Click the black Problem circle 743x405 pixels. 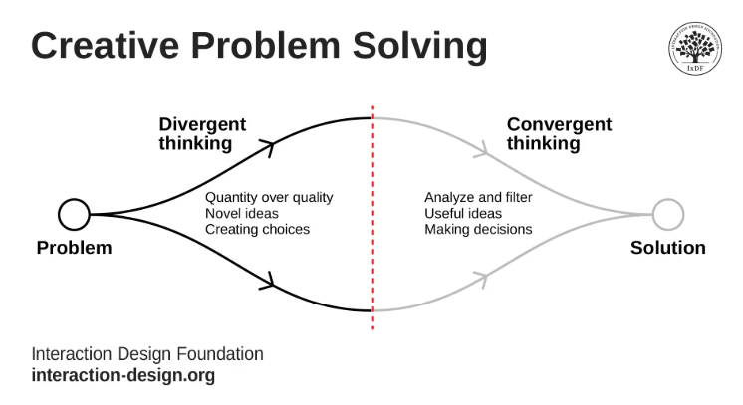tap(74, 214)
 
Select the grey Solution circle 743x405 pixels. tap(668, 214)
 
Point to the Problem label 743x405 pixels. tap(74, 248)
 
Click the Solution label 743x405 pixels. tap(668, 248)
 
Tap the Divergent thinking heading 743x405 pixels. tap(202, 134)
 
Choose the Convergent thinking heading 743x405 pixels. tap(559, 134)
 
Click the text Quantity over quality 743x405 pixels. tap(269, 198)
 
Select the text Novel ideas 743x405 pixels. tap(242, 214)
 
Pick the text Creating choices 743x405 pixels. tap(257, 230)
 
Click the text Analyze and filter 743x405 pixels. tap(478, 198)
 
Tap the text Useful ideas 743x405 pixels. tap(463, 214)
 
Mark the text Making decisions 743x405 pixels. tap(478, 230)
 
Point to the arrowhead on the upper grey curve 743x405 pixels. tap(482, 149)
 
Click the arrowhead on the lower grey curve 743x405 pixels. tap(482, 279)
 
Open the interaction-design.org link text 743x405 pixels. tap(124, 376)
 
